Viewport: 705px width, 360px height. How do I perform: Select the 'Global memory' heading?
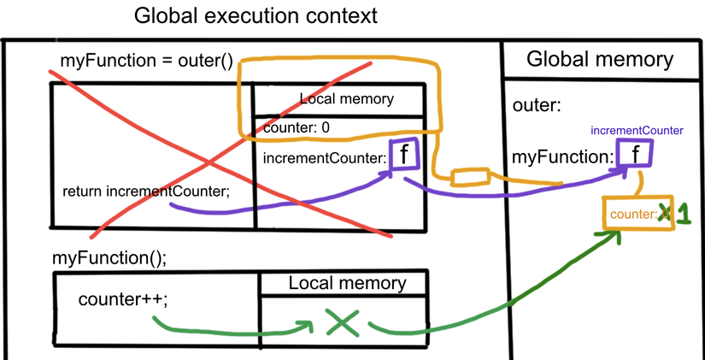[x=600, y=59]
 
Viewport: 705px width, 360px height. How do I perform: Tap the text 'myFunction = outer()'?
[x=146, y=62]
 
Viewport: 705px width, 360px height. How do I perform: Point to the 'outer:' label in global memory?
[x=536, y=105]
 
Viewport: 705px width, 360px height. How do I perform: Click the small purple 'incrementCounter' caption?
[x=637, y=131]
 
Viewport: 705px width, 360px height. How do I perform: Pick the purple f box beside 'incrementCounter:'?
[x=402, y=155]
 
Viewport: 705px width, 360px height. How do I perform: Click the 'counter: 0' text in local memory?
[x=297, y=128]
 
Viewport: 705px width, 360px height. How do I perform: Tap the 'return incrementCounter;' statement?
[x=146, y=191]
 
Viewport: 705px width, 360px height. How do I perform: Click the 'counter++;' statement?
[x=112, y=300]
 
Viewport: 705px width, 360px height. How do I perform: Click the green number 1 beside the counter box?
[x=682, y=214]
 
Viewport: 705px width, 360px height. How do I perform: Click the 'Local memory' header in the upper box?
[x=346, y=98]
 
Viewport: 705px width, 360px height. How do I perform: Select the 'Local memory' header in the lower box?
[x=347, y=283]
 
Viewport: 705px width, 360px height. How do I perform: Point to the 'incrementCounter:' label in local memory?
[x=323, y=158]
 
